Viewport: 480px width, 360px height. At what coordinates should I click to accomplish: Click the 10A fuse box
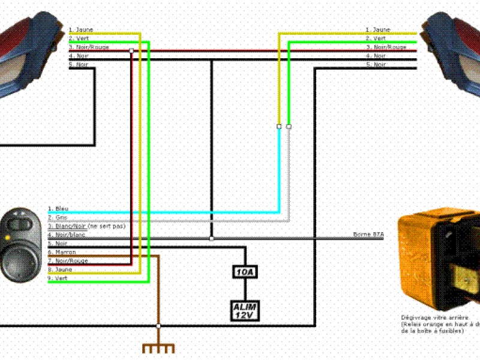coord(245,273)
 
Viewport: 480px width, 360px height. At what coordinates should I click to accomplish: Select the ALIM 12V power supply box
coord(245,310)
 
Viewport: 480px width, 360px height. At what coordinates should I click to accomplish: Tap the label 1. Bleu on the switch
coord(58,209)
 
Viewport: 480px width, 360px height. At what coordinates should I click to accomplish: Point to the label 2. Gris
coord(58,217)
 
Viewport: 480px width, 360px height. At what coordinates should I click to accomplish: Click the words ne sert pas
coord(108,226)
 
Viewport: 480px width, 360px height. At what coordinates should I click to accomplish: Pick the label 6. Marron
coord(62,252)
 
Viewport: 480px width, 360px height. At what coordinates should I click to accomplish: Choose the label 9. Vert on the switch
coord(58,278)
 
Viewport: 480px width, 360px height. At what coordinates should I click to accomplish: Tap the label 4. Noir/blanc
coord(66,235)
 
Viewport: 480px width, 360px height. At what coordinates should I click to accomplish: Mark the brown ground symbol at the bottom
coord(158,348)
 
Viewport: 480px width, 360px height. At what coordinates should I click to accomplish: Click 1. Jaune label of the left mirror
coord(80,29)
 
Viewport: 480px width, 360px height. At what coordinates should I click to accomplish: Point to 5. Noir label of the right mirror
coord(376,64)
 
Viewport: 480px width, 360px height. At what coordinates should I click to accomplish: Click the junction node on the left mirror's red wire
coord(131,51)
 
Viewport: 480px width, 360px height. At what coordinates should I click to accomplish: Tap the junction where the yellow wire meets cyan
coord(278,127)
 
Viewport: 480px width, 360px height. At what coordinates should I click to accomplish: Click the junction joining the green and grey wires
coord(289,127)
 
